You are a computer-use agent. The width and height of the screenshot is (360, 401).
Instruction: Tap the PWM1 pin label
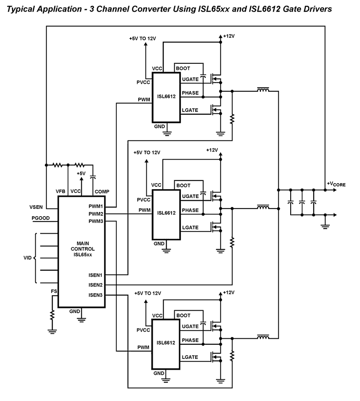point(96,206)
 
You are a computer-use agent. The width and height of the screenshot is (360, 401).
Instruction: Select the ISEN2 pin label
point(96,285)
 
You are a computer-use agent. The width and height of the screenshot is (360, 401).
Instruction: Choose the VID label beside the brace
point(27,258)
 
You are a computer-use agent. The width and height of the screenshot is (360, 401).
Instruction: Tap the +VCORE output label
point(336,184)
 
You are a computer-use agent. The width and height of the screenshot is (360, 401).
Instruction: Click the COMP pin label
point(101,192)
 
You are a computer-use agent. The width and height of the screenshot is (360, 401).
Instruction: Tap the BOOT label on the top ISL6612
point(183,68)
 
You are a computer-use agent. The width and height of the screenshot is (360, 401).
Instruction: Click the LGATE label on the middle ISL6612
point(190,227)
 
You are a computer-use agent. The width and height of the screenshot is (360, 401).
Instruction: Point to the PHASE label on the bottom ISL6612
point(190,340)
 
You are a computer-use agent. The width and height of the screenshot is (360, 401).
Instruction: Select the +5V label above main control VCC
point(81,173)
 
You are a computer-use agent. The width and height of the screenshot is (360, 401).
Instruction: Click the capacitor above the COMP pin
point(93,176)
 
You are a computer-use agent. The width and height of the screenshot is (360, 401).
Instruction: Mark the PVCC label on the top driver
point(143,83)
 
